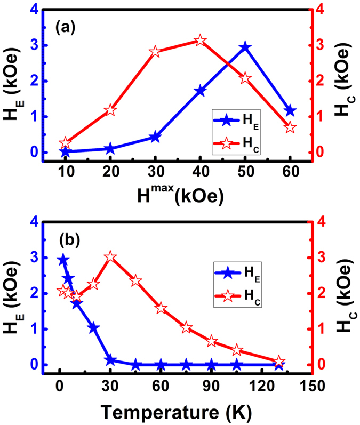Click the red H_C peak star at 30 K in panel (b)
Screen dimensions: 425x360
click(x=110, y=257)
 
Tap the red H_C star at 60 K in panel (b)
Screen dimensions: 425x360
click(x=161, y=308)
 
